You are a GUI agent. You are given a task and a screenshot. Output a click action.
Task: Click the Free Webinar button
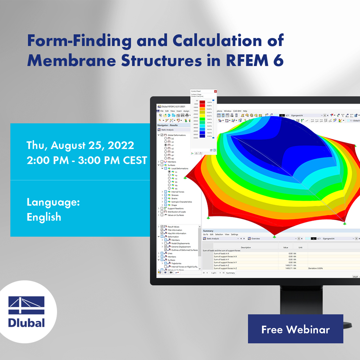point(295,329)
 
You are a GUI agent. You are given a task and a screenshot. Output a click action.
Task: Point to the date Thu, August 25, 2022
point(80,145)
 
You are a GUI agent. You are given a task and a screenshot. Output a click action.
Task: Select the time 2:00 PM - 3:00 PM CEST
point(87,160)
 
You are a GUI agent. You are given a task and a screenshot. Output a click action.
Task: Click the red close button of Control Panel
point(216,91)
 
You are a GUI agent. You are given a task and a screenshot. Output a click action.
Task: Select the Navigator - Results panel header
point(167,125)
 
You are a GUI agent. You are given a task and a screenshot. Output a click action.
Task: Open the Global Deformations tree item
point(176,135)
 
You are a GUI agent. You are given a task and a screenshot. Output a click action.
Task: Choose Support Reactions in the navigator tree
point(175,208)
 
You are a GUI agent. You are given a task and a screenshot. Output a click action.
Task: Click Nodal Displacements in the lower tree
point(180,243)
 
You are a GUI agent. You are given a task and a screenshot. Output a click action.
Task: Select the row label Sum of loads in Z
point(225,265)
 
